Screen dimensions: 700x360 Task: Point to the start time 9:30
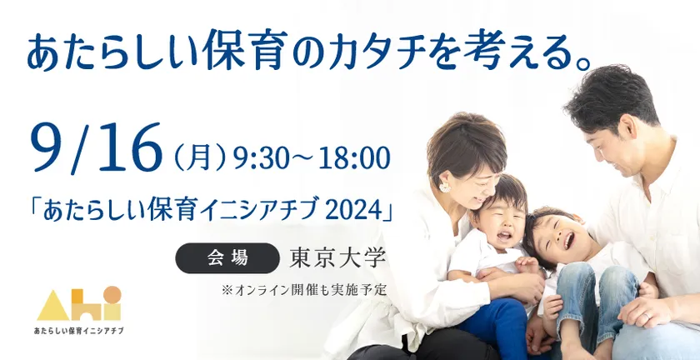[258, 158]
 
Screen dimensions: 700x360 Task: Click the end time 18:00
[354, 158]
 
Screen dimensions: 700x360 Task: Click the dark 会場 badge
[227, 258]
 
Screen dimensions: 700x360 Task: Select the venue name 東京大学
[337, 257]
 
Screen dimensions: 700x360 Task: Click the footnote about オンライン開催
[303, 290]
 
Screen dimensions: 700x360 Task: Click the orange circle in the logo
[112, 294]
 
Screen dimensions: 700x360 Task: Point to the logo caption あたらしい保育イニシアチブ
[78, 331]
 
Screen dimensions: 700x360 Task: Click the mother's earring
[445, 187]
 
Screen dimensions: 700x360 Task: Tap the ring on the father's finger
[646, 315]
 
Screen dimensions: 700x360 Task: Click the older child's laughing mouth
[568, 241]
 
